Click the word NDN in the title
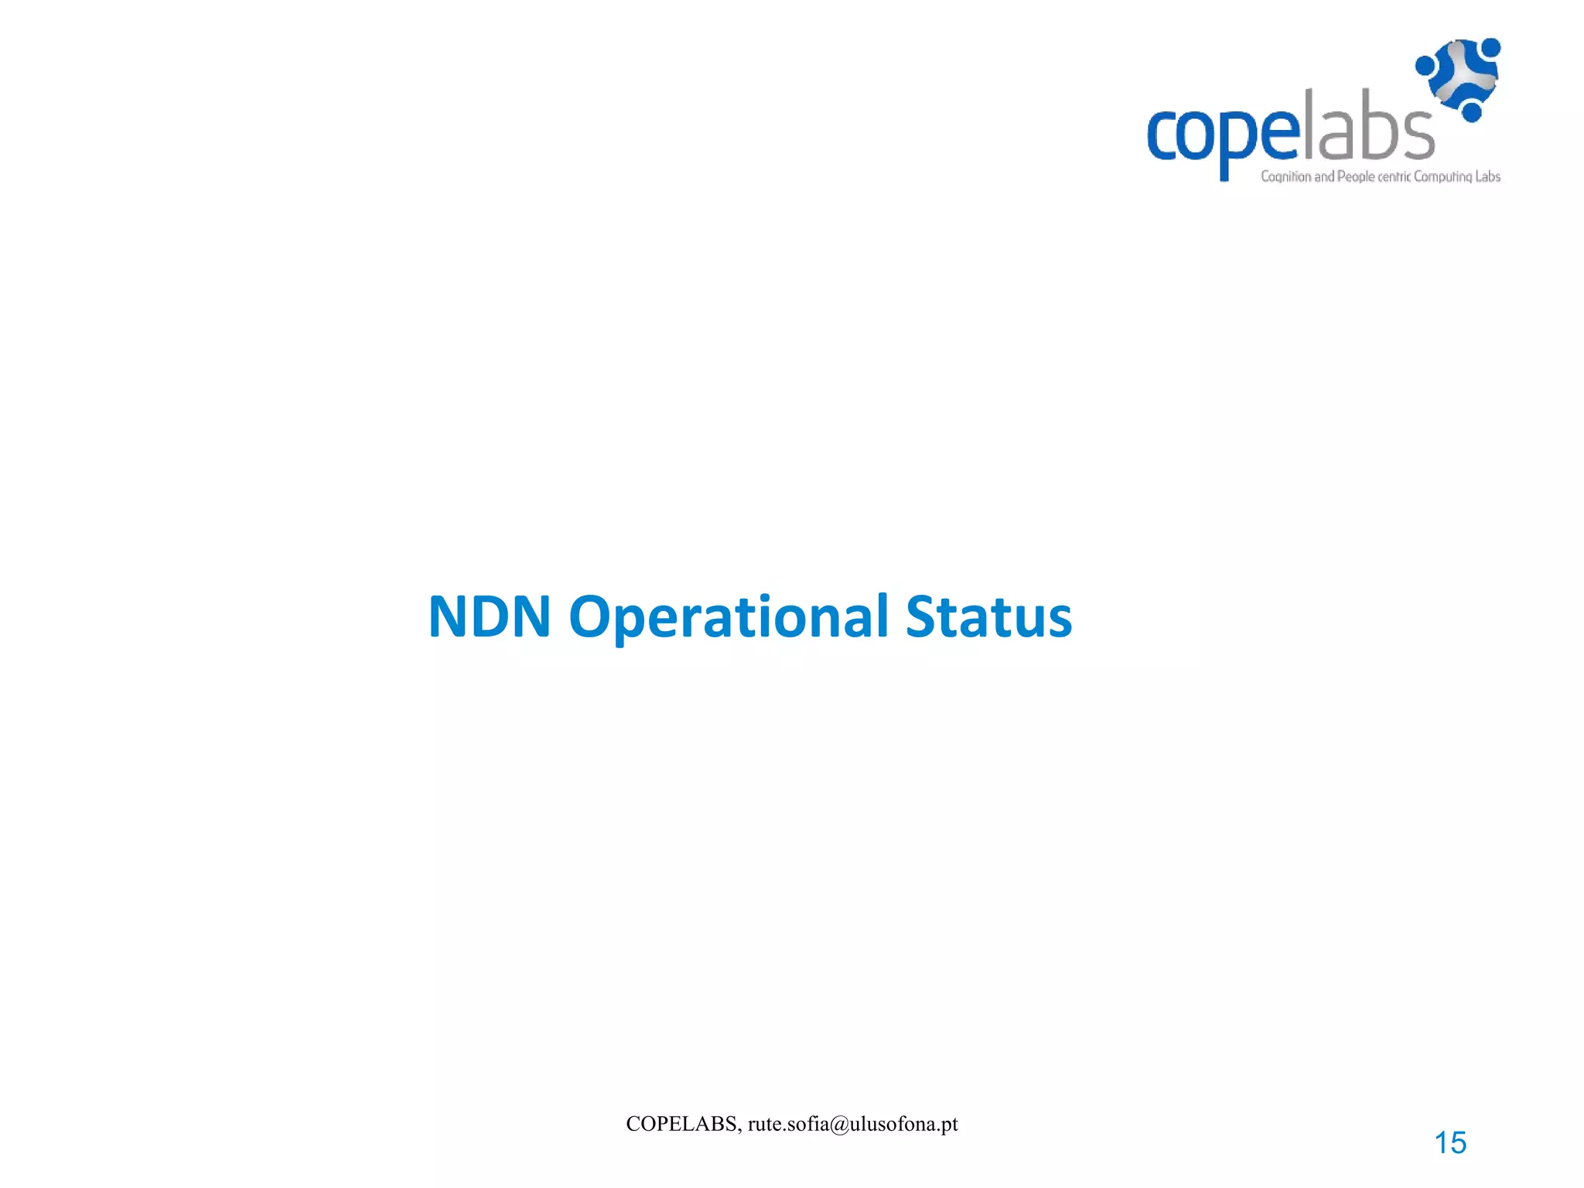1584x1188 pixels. click(490, 617)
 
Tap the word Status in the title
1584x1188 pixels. click(988, 617)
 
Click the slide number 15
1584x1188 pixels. click(1450, 1142)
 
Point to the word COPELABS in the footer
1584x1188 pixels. click(681, 1124)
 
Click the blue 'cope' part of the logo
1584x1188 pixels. click(1222, 136)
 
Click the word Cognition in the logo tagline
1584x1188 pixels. click(1285, 176)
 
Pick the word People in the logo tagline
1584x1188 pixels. click(1356, 176)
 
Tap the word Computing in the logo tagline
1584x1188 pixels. click(1442, 176)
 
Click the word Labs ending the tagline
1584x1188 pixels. click(1487, 176)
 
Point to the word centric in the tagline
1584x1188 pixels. click(1395, 176)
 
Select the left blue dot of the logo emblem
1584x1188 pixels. click(1425, 66)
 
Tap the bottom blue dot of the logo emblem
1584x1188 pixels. click(1472, 112)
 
